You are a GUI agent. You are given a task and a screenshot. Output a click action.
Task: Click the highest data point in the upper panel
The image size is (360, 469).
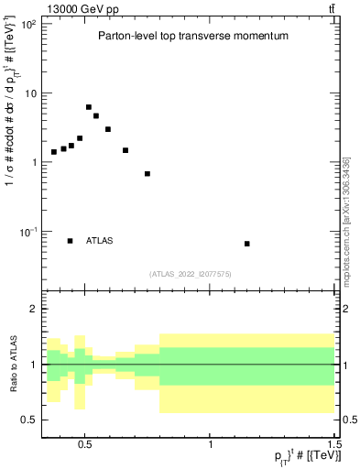pyautogui.click(x=89, y=107)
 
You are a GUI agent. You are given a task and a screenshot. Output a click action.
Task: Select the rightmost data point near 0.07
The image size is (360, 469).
pyautogui.click(x=247, y=244)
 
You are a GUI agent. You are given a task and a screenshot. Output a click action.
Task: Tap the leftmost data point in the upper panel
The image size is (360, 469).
pyautogui.click(x=54, y=152)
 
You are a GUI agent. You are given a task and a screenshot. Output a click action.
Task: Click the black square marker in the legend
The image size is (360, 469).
pyautogui.click(x=71, y=241)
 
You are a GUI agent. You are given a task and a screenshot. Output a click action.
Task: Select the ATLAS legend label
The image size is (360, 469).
pyautogui.click(x=100, y=241)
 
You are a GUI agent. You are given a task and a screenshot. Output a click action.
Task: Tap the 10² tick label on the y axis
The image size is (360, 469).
pyautogui.click(x=28, y=24)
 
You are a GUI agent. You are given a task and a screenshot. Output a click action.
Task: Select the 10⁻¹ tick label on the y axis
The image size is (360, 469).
pyautogui.click(x=28, y=232)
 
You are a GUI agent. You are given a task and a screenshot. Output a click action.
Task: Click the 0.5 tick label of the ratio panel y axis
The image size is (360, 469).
pyautogui.click(x=28, y=420)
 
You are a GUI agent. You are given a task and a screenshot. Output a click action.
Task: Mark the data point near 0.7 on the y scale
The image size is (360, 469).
pyautogui.click(x=147, y=173)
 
